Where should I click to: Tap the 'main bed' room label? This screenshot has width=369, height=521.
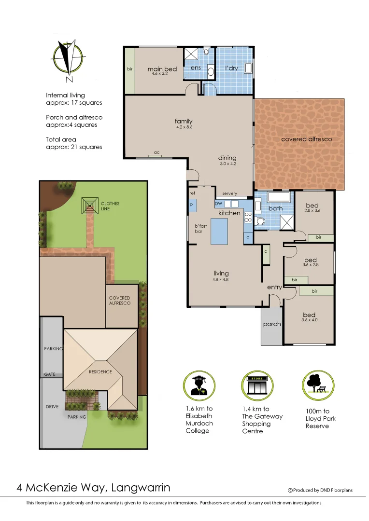[x=162, y=69]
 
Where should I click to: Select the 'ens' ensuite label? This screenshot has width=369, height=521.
[x=196, y=68]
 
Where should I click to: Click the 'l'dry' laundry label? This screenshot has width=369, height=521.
[x=232, y=68]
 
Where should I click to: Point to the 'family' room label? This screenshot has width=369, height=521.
[x=184, y=121]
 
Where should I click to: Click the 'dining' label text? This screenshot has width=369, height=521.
[x=227, y=158]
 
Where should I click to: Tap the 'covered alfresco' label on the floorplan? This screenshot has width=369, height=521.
[x=307, y=139]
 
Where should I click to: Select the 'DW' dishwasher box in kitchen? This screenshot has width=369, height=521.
[x=218, y=204]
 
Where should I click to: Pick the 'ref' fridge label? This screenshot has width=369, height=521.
[x=192, y=193]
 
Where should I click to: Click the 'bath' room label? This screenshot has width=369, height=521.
[x=276, y=208]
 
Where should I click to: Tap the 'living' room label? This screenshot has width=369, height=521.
[x=221, y=274]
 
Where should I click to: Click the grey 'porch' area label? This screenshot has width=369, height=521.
[x=272, y=324]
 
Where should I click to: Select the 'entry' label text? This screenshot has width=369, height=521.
[x=274, y=288]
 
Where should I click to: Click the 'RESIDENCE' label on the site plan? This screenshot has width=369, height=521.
[x=100, y=371]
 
